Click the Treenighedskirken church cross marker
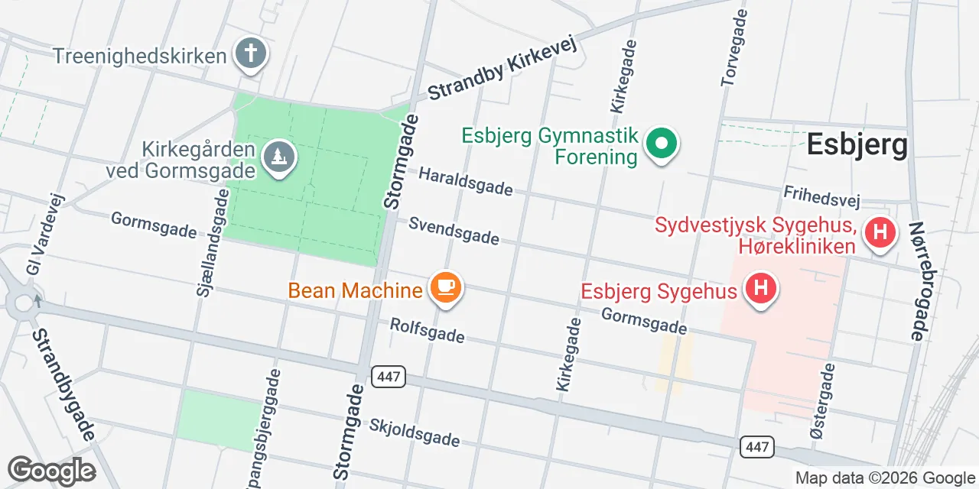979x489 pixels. click(250, 53)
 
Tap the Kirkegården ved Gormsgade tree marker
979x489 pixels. click(279, 157)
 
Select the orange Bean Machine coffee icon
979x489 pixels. click(446, 287)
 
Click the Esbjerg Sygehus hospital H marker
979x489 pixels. click(760, 289)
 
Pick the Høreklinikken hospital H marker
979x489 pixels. click(880, 232)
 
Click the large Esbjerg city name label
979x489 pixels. click(858, 144)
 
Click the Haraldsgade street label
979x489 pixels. click(466, 182)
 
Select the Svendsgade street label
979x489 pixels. click(454, 230)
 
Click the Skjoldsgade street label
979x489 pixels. click(415, 432)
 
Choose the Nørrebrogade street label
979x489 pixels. click(917, 280)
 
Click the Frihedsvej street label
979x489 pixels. click(822, 196)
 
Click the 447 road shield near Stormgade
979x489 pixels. click(389, 376)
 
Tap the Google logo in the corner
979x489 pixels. click(51, 471)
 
